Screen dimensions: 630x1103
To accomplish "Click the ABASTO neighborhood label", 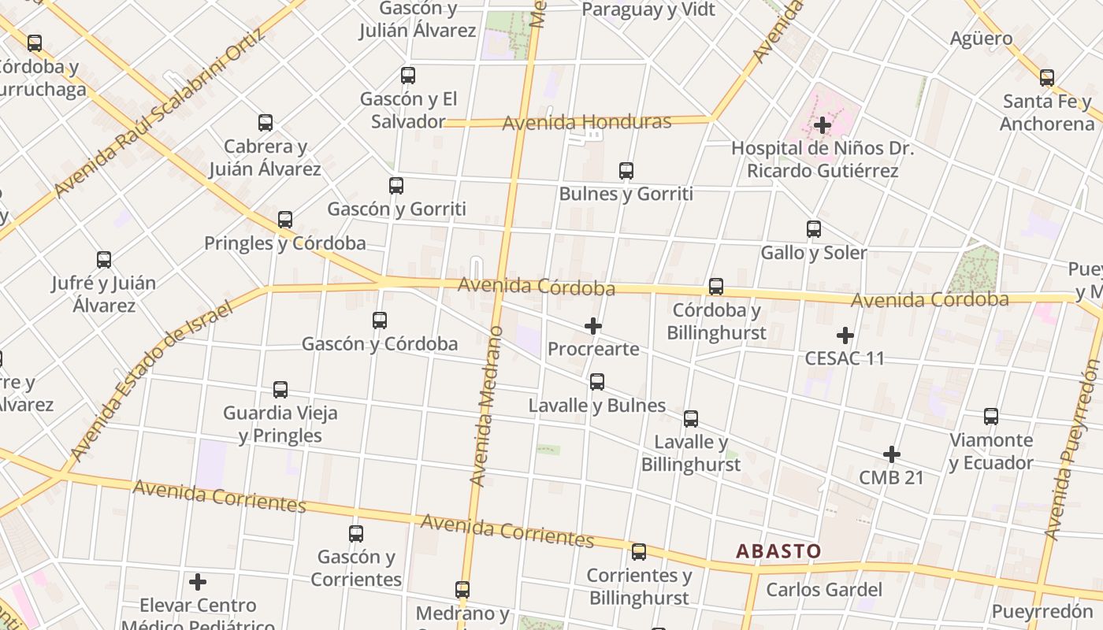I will pos(778,551).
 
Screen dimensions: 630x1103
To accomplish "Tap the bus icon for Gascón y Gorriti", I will pos(396,186).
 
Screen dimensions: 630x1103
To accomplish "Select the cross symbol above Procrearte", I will pos(593,326).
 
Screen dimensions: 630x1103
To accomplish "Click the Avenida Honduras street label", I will pos(586,122).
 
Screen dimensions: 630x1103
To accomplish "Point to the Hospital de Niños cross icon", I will pos(823,125).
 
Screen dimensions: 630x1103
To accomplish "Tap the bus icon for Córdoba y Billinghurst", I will pos(716,287).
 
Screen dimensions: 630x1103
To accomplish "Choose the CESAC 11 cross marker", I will pos(845,335).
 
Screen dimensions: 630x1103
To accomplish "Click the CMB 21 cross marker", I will pos(892,454).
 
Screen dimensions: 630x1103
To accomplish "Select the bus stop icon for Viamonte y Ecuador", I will pos(991,417).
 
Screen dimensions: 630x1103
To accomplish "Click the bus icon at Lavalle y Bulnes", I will pos(597,382).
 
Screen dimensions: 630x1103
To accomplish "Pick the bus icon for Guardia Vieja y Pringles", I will pos(280,389).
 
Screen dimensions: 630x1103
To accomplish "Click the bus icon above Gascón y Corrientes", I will pos(356,534).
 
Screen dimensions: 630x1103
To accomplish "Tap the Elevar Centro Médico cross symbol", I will pos(198,582).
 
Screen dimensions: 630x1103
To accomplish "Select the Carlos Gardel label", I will pos(824,590).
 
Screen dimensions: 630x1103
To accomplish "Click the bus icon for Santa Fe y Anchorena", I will pos(1047,78).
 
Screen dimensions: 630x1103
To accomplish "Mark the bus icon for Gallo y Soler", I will pos(814,229).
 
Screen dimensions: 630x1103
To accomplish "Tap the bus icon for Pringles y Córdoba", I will pos(285,220).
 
